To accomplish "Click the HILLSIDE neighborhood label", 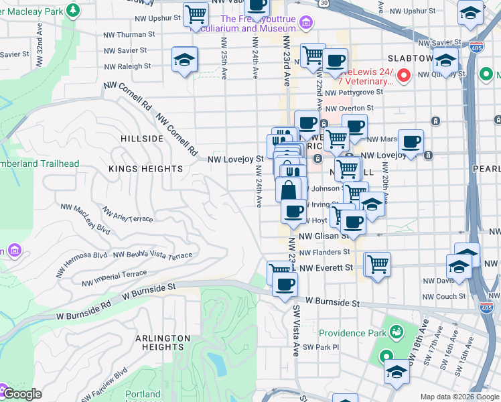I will pos(142,139).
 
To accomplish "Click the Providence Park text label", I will pos(352,333).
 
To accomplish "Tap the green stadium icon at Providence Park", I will pos(397,331).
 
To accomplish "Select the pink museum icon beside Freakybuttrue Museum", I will pos(306,24).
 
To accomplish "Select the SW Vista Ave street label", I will pos(295,330).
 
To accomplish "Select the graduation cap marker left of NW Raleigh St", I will pos(184,60).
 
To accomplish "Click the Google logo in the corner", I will pos(21,394).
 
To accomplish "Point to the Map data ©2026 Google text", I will pos(458,397).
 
